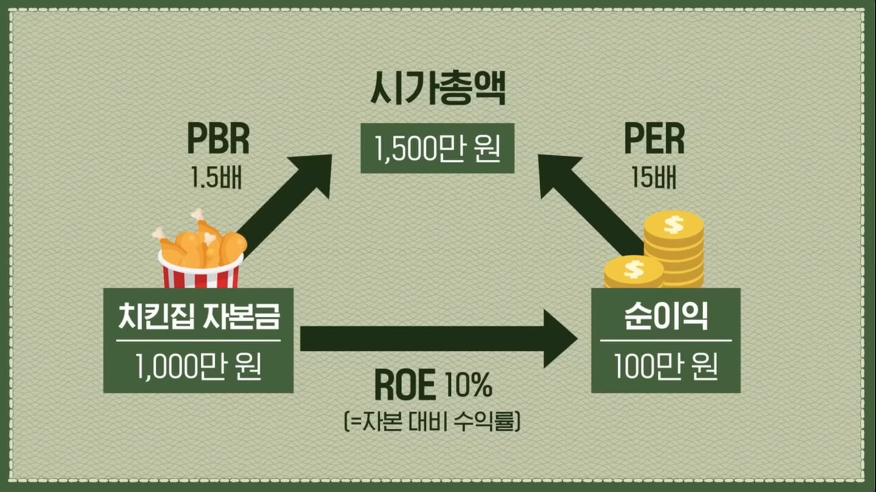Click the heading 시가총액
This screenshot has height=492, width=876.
437,91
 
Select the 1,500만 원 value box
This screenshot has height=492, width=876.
437,148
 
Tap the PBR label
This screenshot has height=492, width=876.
218,140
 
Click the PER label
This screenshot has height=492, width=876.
654,140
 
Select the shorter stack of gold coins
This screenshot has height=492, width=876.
633,272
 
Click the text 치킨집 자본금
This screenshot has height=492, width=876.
198,318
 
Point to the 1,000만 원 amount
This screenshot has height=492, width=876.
198,366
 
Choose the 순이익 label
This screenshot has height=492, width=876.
666,318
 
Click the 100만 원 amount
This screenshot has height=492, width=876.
666,366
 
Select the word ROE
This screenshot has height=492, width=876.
405,386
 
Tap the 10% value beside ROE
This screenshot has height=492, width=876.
468,386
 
